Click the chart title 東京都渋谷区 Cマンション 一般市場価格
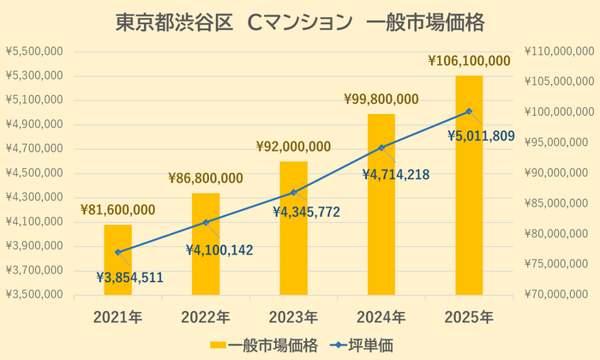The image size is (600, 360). pyautogui.click(x=300, y=23)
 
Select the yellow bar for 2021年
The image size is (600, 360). pyautogui.click(x=118, y=261)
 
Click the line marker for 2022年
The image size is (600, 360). pyautogui.click(x=206, y=222)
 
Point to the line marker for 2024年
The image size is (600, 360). pyautogui.click(x=381, y=147)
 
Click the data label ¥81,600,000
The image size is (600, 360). pyautogui.click(x=118, y=210)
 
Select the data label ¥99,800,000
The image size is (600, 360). pyautogui.click(x=381, y=99)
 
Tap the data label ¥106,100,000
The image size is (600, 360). pyautogui.click(x=469, y=61)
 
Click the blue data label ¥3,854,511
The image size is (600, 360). pyautogui.click(x=129, y=277)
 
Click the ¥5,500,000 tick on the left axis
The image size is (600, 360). pyautogui.click(x=34, y=51)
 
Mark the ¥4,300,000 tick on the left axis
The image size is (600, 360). pyautogui.click(x=34, y=197)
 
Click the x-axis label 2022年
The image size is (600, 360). pyautogui.click(x=206, y=317)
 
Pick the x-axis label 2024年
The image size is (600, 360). pyautogui.click(x=381, y=317)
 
